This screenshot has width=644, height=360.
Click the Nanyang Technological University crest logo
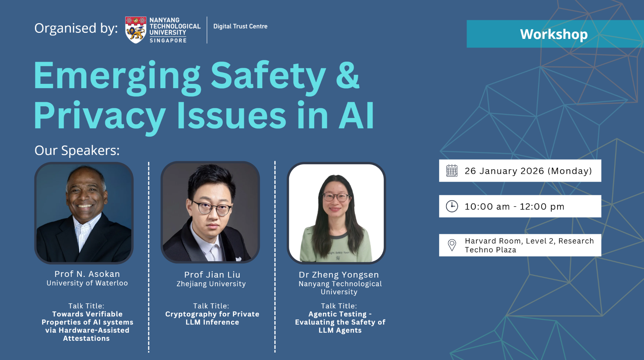coord(136,30)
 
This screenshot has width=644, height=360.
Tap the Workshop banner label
coord(554,34)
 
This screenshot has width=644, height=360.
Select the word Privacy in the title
coord(100,116)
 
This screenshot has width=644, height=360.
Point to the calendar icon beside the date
coord(452,171)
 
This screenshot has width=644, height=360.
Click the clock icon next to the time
coord(452,206)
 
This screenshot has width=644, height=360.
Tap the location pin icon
coord(452,245)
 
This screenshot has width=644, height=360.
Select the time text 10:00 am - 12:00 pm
coord(514,206)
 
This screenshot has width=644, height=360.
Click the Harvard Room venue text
coord(529,245)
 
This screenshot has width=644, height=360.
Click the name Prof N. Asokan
coord(87,274)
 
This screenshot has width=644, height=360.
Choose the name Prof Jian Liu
coord(212,275)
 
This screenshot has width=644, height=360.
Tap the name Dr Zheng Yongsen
coord(339,275)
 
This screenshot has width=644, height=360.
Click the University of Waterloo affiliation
coord(87,283)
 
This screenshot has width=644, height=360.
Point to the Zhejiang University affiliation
coord(211,284)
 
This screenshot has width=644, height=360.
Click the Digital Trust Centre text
coord(240,26)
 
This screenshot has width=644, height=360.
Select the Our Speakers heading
coord(77,151)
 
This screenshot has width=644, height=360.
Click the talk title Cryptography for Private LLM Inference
coord(212,318)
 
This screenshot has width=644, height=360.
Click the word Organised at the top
coord(65,28)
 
